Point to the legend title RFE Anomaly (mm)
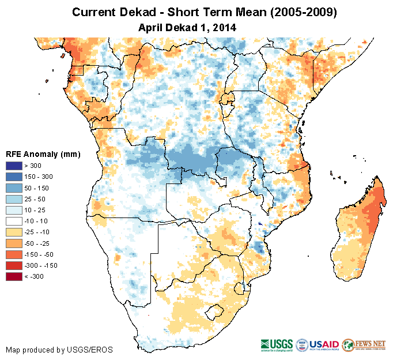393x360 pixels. coord(43,155)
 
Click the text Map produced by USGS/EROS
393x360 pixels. coord(59,350)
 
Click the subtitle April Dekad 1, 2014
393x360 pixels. coord(188,27)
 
